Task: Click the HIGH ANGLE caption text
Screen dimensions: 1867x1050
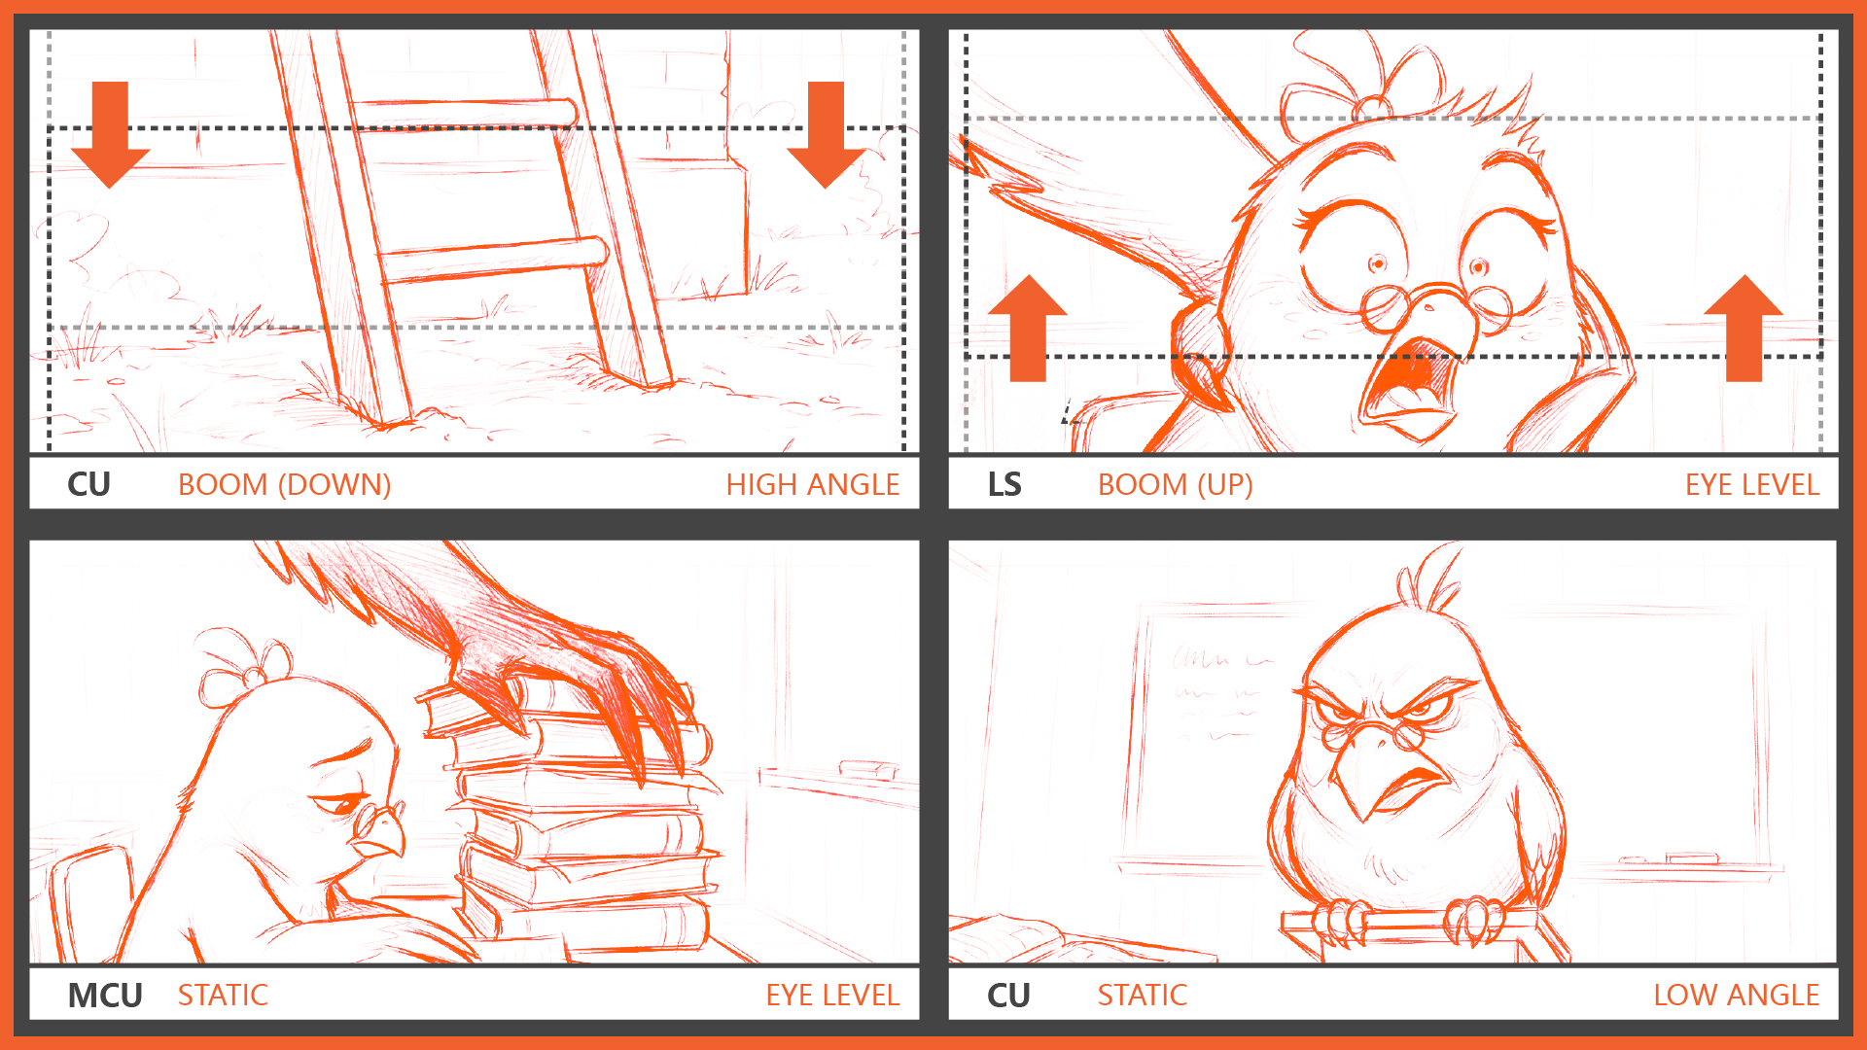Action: [813, 484]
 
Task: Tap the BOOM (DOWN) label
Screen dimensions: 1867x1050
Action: [284, 484]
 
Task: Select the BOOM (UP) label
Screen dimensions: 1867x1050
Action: [1175, 484]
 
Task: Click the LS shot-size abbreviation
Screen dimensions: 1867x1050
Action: [1004, 484]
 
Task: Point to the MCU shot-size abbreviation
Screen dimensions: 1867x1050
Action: [105, 996]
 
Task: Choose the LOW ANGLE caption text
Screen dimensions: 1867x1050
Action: [1736, 995]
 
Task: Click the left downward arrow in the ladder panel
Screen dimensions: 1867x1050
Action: [111, 134]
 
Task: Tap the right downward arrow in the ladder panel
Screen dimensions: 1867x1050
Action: [827, 134]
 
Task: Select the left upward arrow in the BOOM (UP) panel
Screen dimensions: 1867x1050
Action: [1028, 329]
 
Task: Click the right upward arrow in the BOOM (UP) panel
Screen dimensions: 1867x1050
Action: [1744, 329]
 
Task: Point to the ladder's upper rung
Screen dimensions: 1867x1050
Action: [464, 113]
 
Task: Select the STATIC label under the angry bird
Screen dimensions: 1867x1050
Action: [1143, 995]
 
